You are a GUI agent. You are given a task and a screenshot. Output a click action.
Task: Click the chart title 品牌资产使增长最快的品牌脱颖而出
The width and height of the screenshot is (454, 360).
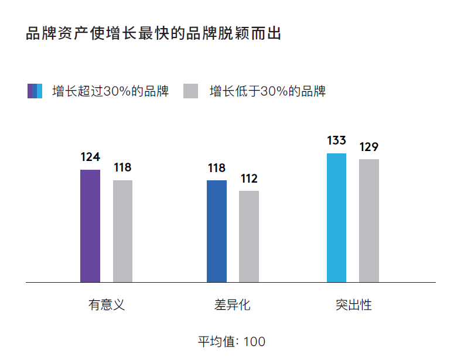[x=153, y=33]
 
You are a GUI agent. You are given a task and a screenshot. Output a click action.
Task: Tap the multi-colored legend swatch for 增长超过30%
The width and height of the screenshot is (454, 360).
[x=35, y=91]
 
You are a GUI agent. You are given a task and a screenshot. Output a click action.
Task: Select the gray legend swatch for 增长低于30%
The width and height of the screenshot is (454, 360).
[x=191, y=91]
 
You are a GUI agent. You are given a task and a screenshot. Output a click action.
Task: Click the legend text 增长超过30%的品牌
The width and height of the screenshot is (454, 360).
[x=110, y=91]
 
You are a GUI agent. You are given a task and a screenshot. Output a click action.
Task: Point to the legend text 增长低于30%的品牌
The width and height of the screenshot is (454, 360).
[x=267, y=91]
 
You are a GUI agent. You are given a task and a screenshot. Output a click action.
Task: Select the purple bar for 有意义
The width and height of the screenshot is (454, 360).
[x=90, y=226]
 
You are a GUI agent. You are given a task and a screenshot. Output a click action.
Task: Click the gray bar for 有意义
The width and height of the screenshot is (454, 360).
[x=122, y=231]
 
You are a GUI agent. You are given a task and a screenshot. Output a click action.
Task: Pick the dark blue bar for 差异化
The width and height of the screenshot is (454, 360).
[x=216, y=231]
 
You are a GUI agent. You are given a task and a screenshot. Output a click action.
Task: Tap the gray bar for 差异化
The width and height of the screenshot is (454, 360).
[x=249, y=236]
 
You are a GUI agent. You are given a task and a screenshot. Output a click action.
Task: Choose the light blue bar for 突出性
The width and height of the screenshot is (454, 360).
[x=336, y=218]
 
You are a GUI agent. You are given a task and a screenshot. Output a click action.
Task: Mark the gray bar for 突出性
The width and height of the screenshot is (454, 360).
[x=369, y=221]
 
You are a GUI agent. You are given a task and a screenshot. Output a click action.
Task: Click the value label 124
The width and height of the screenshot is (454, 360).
[x=90, y=157]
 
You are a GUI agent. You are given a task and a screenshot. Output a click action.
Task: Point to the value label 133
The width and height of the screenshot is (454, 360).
[x=336, y=140]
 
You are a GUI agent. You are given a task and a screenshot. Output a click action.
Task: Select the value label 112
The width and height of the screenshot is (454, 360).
[x=249, y=179]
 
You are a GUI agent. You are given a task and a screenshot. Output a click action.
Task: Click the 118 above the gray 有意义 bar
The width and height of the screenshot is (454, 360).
[x=122, y=168]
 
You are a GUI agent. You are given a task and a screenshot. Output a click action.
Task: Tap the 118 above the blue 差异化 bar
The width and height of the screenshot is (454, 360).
[x=216, y=168]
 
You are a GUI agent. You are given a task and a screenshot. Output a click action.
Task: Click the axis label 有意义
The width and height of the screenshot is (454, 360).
[x=107, y=305]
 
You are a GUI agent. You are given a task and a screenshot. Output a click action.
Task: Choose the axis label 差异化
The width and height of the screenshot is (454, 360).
[x=233, y=305]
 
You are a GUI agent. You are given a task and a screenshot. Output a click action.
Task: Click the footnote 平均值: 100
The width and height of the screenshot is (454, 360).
[x=231, y=341]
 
